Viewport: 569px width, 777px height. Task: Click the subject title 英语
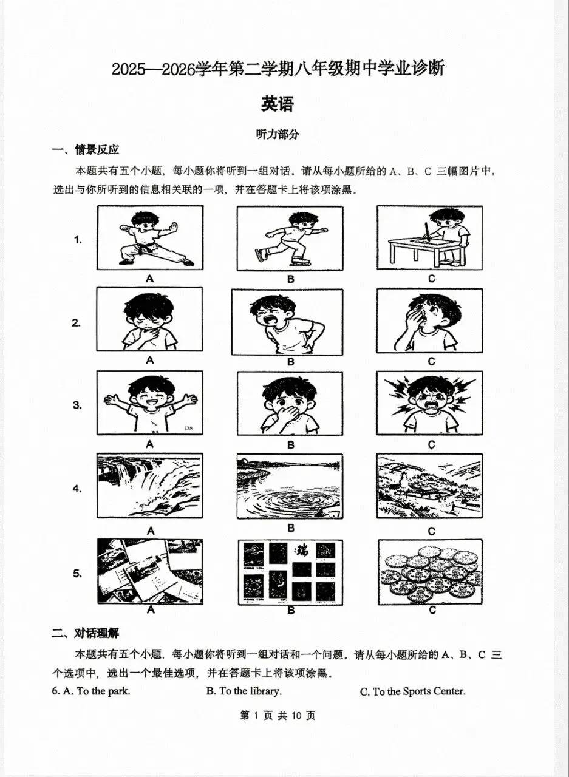click(x=278, y=104)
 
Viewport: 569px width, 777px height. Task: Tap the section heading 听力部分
click(x=278, y=135)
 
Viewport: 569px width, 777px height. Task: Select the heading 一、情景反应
click(x=85, y=150)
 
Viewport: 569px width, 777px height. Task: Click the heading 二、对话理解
click(x=85, y=633)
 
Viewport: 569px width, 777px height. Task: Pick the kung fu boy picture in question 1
click(x=150, y=237)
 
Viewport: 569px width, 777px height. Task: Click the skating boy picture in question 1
click(x=290, y=237)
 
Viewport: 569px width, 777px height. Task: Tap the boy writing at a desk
click(x=429, y=237)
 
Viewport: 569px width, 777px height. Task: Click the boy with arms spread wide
click(x=150, y=403)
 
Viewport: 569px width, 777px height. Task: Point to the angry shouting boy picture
click(x=429, y=403)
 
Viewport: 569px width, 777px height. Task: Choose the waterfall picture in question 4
click(x=150, y=487)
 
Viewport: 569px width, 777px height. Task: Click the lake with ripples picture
click(x=290, y=487)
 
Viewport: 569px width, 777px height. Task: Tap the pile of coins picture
click(x=429, y=571)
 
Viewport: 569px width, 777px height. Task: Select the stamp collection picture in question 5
click(x=290, y=571)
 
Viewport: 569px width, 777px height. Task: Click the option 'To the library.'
click(x=244, y=691)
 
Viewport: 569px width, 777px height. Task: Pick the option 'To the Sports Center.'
click(x=412, y=691)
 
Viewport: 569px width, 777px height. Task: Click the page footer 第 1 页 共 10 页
click(x=278, y=715)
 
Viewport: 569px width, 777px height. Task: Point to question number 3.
click(x=77, y=405)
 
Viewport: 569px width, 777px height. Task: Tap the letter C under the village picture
click(x=431, y=531)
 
